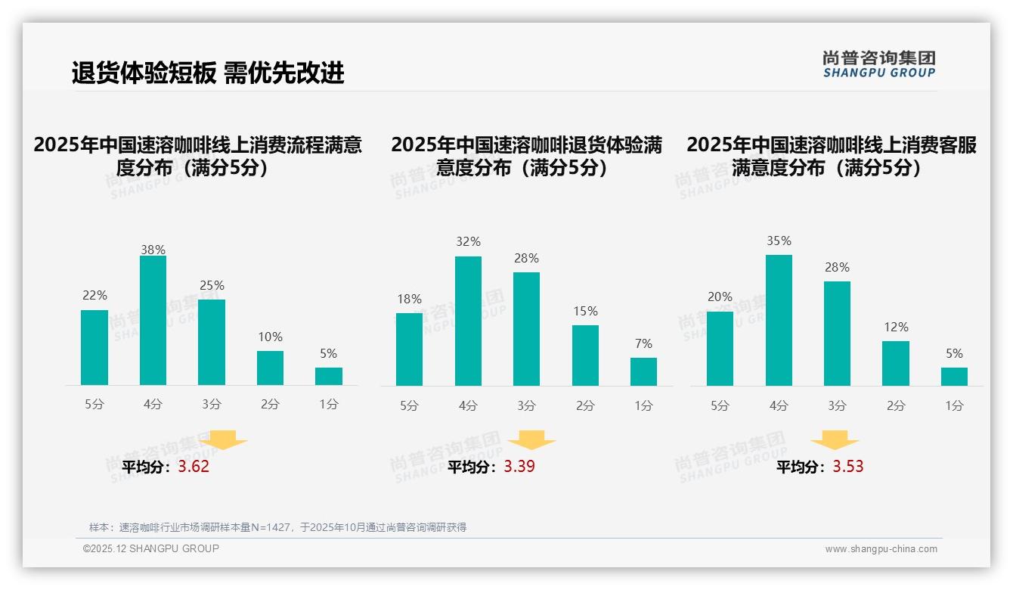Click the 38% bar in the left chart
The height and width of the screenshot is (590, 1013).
pos(153,321)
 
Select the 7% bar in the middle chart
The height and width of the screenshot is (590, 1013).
pos(643,371)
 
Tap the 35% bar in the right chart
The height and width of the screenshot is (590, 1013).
pos(779,320)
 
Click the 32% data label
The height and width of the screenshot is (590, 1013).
pos(468,242)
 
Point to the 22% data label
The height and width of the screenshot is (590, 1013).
pos(94,295)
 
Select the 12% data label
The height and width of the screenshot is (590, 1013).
pos(896,327)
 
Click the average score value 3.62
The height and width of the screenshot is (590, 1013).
pos(194,467)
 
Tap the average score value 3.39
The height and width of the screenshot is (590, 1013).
pos(519,467)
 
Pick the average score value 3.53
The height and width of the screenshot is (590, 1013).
pos(848,467)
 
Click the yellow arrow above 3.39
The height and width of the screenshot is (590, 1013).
pos(531,440)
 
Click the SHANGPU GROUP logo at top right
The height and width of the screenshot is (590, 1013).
pos(878,64)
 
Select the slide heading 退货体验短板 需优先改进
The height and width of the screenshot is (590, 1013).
pos(208,73)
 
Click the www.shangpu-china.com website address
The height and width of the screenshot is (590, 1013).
pos(881,549)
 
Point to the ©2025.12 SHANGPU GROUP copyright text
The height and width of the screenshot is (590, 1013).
pos(151,548)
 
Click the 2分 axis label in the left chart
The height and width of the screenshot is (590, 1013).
pos(270,405)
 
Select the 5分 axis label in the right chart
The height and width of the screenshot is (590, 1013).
pos(720,405)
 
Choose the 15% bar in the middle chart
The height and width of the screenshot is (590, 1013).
pos(585,356)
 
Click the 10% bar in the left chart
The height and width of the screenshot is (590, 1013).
pos(270,368)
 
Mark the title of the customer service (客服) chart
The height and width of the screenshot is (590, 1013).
pos(832,156)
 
